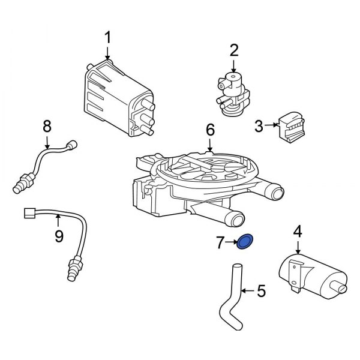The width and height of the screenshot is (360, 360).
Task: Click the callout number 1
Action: (108, 38)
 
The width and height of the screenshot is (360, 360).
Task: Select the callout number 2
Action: (234, 50)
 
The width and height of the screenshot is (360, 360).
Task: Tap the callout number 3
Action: (259, 126)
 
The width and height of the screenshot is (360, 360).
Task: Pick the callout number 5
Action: (260, 292)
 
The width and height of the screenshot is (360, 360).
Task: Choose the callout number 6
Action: (209, 130)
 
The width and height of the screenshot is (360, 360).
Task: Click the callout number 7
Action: (220, 243)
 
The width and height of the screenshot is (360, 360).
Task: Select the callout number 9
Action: (58, 236)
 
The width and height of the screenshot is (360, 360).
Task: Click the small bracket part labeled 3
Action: (292, 126)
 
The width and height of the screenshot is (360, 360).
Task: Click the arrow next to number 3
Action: (271, 125)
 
